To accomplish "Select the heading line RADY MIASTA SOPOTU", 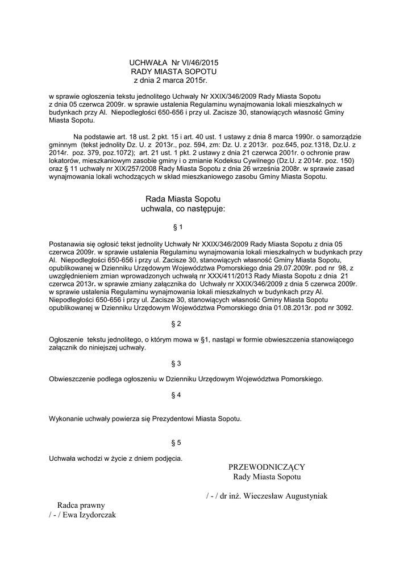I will click(x=174, y=72).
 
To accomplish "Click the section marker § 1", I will click(x=177, y=227).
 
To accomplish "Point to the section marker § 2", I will click(x=176, y=324).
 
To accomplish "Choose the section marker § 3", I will click(x=176, y=363).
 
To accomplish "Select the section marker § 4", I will click(x=176, y=394).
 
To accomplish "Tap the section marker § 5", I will click(x=176, y=442).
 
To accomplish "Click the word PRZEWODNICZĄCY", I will click(x=267, y=467).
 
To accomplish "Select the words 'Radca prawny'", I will click(x=81, y=505).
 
